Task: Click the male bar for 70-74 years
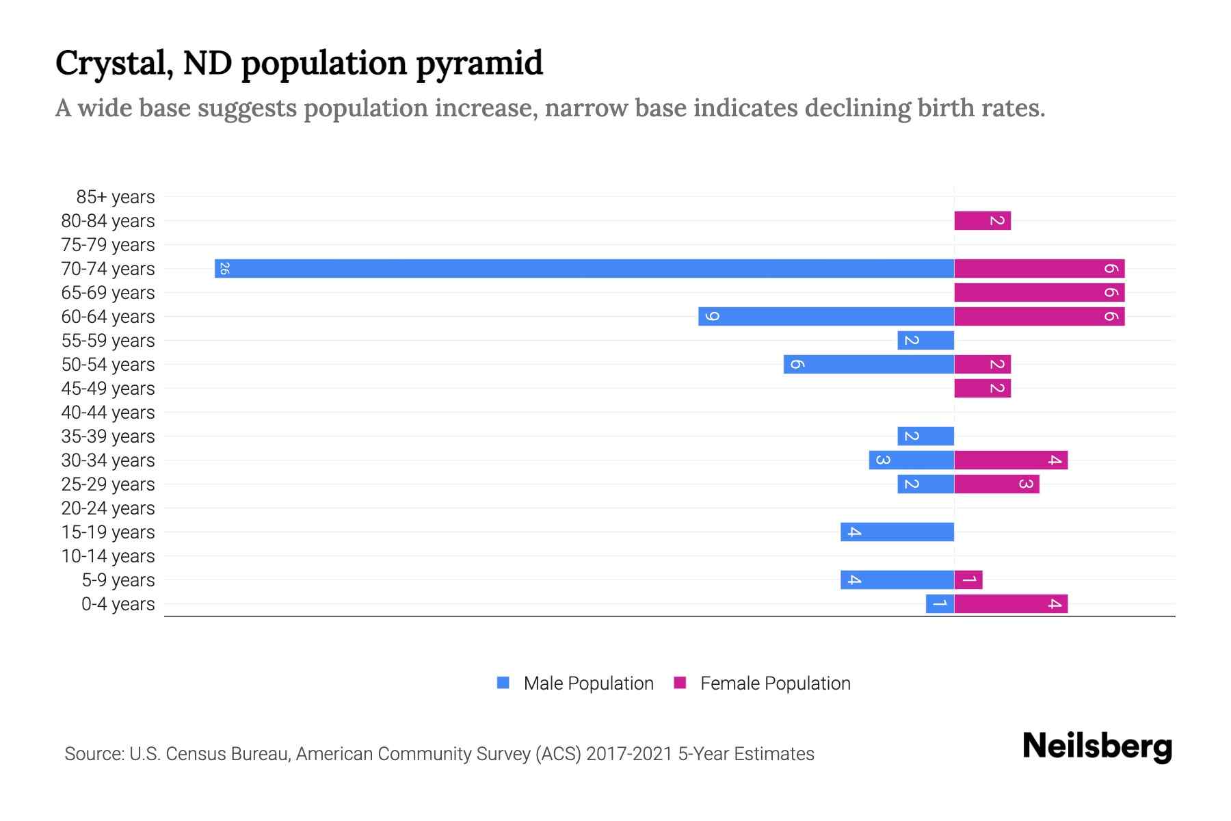pyautogui.click(x=585, y=268)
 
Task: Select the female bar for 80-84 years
pyautogui.click(x=982, y=220)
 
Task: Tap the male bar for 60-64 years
pyautogui.click(x=826, y=316)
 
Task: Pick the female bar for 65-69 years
pyautogui.click(x=1039, y=292)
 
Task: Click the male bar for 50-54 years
pyautogui.click(x=869, y=364)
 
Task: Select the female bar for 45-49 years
pyautogui.click(x=982, y=388)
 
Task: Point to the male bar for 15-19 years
pyautogui.click(x=897, y=532)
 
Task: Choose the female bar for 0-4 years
pyautogui.click(x=1011, y=603)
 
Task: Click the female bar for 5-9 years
pyautogui.click(x=968, y=579)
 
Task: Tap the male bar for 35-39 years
pyautogui.click(x=925, y=436)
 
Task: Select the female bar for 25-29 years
pyautogui.click(x=996, y=484)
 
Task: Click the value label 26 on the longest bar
pyautogui.click(x=224, y=268)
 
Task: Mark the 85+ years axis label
pyautogui.click(x=116, y=197)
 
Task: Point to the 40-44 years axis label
pyautogui.click(x=108, y=413)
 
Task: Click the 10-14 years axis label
pyautogui.click(x=108, y=556)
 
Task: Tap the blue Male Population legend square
pyautogui.click(x=503, y=683)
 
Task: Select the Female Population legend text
pyautogui.click(x=775, y=683)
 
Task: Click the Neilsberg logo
pyautogui.click(x=1097, y=746)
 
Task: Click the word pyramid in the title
pyautogui.click(x=479, y=64)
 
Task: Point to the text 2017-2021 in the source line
pyautogui.click(x=628, y=754)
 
